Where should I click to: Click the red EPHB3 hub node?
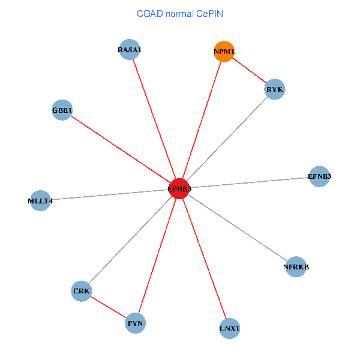pyautogui.click(x=179, y=189)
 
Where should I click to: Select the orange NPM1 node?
pyautogui.click(x=224, y=52)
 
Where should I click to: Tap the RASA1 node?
pyautogui.click(x=130, y=50)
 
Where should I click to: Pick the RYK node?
pyautogui.click(x=274, y=89)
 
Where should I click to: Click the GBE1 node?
pyautogui.click(x=62, y=110)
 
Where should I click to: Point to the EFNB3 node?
pyautogui.click(x=319, y=176)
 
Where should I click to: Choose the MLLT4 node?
pyautogui.click(x=40, y=200)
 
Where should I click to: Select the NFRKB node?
pyautogui.click(x=296, y=266)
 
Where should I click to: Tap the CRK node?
pyautogui.click(x=81, y=292)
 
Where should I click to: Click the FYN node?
pyautogui.click(x=135, y=323)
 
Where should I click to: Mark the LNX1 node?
pyautogui.click(x=230, y=329)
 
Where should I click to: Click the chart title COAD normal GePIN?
pyautogui.click(x=180, y=13)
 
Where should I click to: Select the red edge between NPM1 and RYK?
pyautogui.click(x=249, y=71)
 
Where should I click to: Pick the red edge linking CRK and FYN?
pyautogui.click(x=108, y=307)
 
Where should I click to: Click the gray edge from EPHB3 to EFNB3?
pyautogui.click(x=249, y=183)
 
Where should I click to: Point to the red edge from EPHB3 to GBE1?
pyautogui.click(x=121, y=149)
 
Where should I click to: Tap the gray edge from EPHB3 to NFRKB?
pyautogui.click(x=238, y=228)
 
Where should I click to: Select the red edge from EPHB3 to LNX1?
pyautogui.click(x=205, y=259)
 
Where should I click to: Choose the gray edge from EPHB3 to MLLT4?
pyautogui.click(x=110, y=195)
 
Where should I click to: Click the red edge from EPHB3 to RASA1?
pyautogui.click(x=154, y=119)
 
